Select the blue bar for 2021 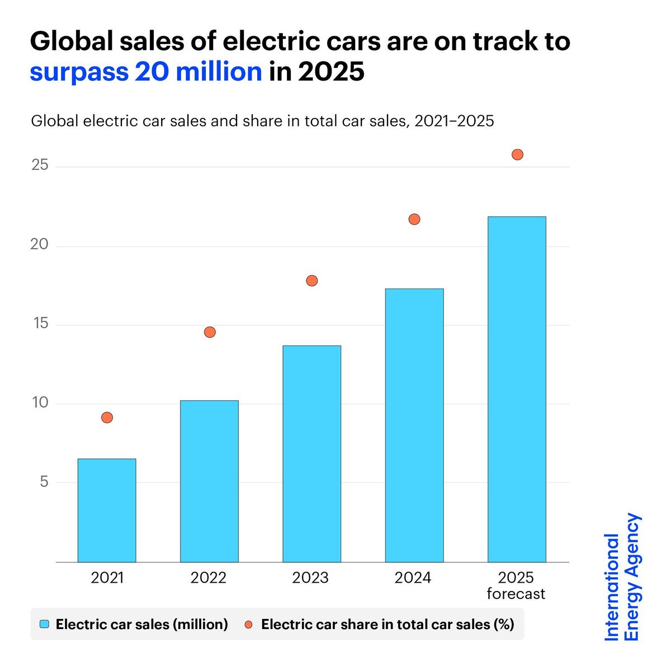tap(107, 510)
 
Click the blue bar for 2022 tap(209, 481)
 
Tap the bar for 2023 tap(311, 453)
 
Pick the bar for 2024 tap(414, 425)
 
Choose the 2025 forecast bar tap(517, 389)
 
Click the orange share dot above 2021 tap(107, 417)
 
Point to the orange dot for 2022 tap(210, 332)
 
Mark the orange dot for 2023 tap(312, 281)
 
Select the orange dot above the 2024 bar tap(414, 219)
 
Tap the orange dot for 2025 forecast tap(517, 154)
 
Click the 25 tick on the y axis tap(40, 166)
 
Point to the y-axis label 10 tap(40, 403)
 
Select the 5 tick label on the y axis tap(44, 482)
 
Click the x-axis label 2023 tap(310, 578)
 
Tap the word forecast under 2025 tap(516, 594)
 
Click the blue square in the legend tap(45, 624)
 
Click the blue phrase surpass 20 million tap(146, 72)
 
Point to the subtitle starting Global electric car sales tap(262, 121)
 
